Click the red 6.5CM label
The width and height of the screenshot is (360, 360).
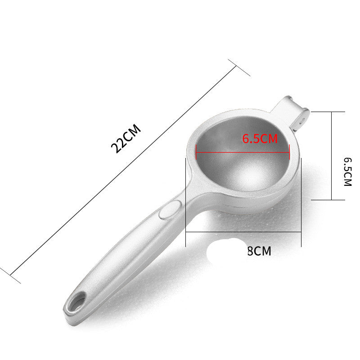[260, 139]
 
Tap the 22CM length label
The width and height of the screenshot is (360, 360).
[126, 139]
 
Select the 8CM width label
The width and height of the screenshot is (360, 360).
[259, 251]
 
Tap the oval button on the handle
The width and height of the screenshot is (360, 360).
[171, 209]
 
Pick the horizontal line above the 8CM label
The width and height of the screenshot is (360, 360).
[243, 232]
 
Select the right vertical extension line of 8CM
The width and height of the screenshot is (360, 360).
[301, 202]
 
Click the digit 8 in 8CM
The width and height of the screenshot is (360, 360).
[250, 251]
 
